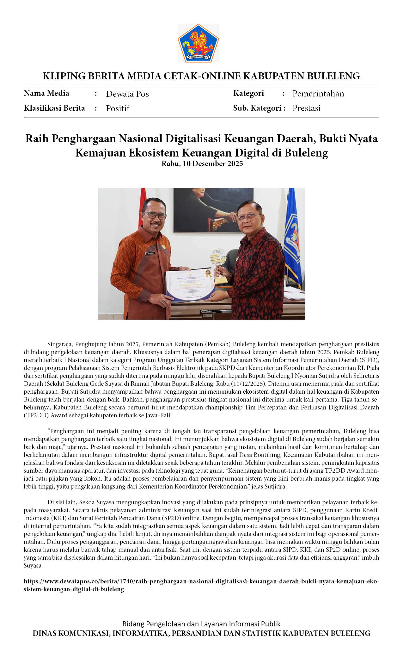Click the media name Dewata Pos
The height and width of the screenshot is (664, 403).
(127, 94)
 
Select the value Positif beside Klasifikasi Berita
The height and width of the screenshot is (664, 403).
(118, 108)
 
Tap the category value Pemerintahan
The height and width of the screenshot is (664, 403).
(318, 94)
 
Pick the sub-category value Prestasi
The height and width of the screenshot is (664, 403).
(306, 108)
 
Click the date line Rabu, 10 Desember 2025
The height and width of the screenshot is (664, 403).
(202, 163)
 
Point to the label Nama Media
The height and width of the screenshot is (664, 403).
(46, 93)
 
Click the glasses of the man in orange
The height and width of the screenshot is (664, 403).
(155, 215)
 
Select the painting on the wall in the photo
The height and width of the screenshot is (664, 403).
(213, 210)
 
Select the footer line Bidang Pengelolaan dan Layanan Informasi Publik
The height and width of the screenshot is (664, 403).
(201, 624)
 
